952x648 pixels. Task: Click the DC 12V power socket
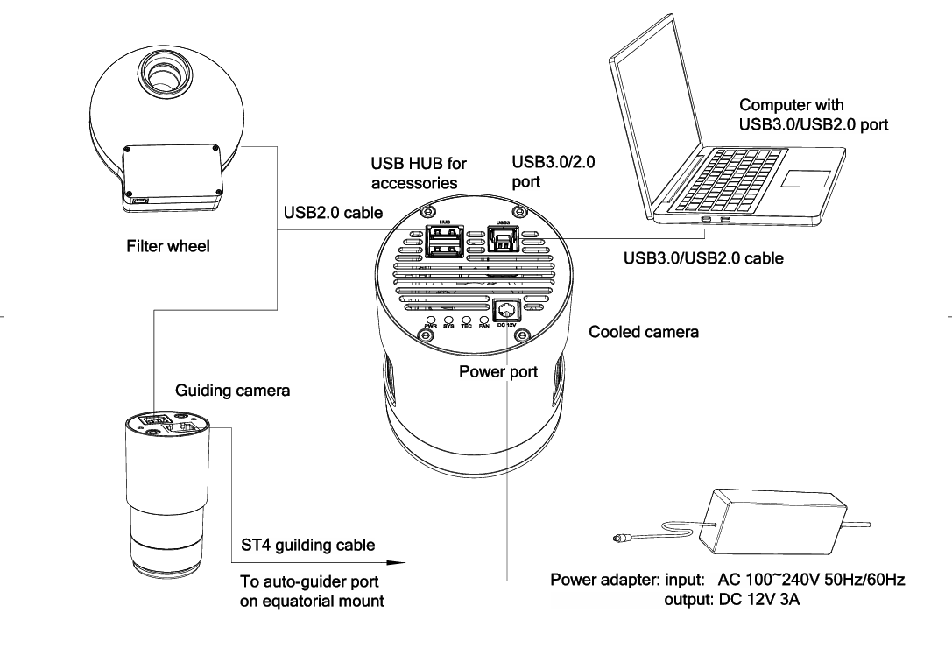point(507,311)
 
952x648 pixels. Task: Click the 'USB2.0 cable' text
point(320,213)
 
